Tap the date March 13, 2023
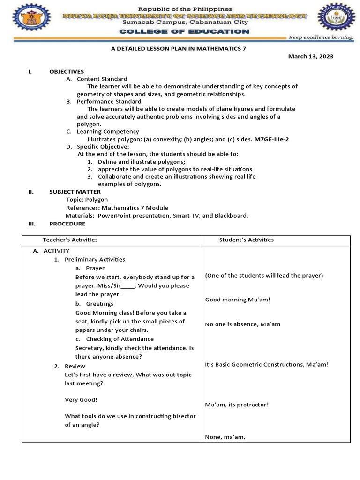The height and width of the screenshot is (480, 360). [x=310, y=56]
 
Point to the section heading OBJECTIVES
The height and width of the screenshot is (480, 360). [x=67, y=71]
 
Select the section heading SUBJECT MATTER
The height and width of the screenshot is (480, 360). [x=75, y=192]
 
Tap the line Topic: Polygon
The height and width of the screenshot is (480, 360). [x=87, y=199]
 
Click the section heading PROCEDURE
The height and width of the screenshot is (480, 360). [x=67, y=224]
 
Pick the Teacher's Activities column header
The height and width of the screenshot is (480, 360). [x=70, y=240]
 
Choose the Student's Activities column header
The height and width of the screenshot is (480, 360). [x=246, y=240]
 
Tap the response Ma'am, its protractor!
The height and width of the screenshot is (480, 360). [x=237, y=405]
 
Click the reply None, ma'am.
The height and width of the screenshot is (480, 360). [x=225, y=437]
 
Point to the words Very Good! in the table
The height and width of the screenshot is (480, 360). [x=81, y=400]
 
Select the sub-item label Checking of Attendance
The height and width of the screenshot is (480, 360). [x=120, y=339]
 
